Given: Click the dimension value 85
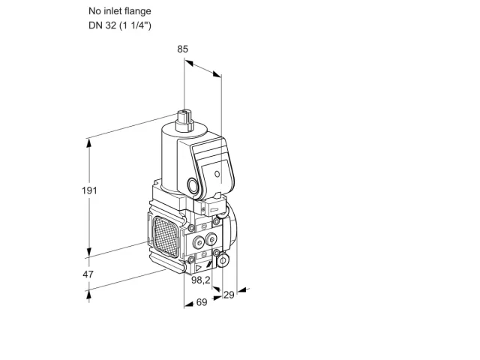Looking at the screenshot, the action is point(183,49).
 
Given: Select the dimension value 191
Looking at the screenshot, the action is point(89,190).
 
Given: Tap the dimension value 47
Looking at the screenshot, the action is point(88,274).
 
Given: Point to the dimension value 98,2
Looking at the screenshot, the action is point(201,280).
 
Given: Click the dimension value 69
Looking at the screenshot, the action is point(202,302).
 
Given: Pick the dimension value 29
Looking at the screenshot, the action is point(229,295).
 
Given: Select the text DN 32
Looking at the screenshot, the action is point(102,25).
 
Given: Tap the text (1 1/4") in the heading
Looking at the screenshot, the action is point(135,25).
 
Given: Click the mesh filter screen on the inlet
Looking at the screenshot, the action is point(166,236).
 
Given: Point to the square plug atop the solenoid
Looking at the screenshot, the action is point(185,120).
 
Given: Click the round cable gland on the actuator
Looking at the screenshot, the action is point(193,185).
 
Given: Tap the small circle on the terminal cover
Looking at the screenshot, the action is point(217,174).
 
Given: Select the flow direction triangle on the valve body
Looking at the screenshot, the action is point(199,268).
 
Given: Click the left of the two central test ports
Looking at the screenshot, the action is point(199,243).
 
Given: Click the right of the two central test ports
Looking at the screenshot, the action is point(211,239).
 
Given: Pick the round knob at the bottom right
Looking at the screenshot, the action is point(223,260).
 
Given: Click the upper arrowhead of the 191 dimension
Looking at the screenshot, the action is point(89,143).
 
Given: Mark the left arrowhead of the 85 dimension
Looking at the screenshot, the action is point(189,63).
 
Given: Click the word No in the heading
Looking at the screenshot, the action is point(94,11).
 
